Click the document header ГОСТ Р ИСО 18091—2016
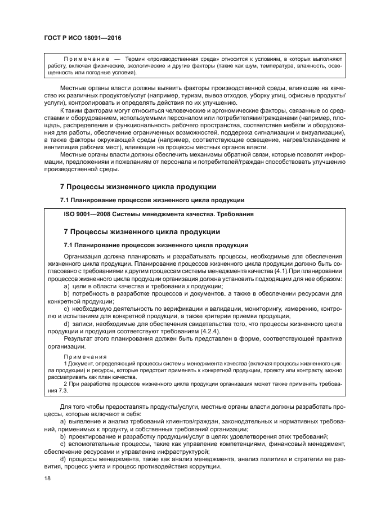(82, 38)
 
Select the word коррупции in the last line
(207, 466)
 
